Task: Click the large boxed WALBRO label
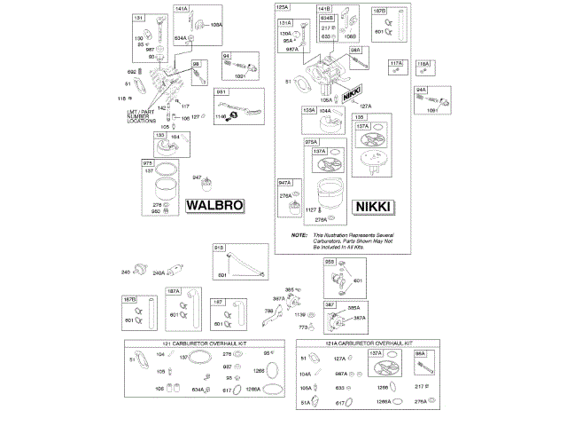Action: [x=214, y=206]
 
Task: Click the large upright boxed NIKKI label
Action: [x=373, y=206]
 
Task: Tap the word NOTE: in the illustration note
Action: [x=299, y=234]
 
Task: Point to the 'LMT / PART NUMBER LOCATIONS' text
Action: [x=141, y=115]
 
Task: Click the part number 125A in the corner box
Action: [x=283, y=8]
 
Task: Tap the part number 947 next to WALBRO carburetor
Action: [x=198, y=178]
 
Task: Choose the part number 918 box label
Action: [x=218, y=248]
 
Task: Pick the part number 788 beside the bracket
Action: [x=268, y=311]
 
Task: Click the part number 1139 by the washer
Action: [x=299, y=315]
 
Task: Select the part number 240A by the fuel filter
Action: [x=159, y=273]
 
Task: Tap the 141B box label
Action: [x=324, y=8]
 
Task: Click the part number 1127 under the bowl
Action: [x=311, y=209]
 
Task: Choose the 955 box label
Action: [x=329, y=263]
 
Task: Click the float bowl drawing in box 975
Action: [x=161, y=190]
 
